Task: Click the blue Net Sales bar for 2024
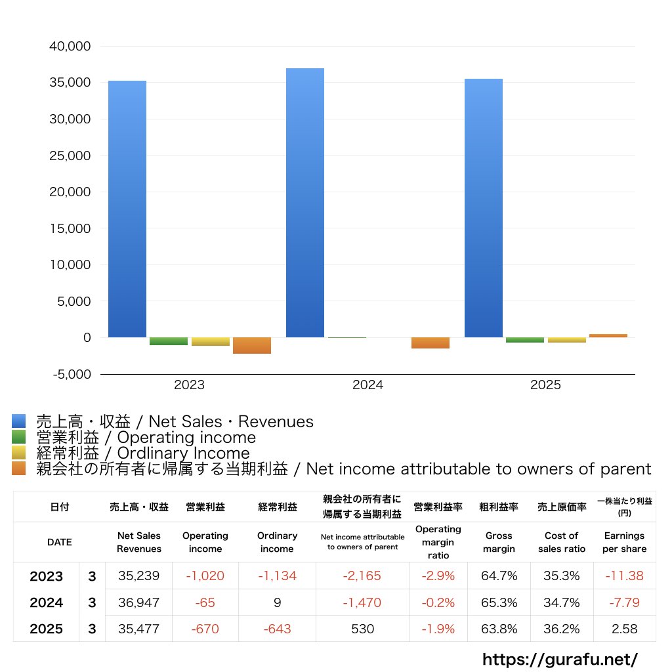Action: coord(304,203)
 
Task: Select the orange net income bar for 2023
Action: coord(251,345)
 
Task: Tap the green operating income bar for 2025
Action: coord(524,340)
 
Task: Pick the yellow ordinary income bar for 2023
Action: coord(211,341)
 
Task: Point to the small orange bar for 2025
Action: coord(608,335)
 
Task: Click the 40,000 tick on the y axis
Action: coord(70,46)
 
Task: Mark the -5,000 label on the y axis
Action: coord(72,374)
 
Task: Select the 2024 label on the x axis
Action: coord(367,385)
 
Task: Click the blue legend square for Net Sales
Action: coord(18,421)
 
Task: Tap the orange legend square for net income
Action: coord(18,469)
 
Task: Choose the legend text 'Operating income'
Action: coord(186,438)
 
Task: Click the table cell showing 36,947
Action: coord(138,602)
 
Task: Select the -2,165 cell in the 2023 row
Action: coord(362,576)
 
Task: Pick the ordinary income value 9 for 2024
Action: coord(278,602)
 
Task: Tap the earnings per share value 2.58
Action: coord(625,629)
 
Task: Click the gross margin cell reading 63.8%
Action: coord(499,629)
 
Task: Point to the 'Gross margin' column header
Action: coord(499,542)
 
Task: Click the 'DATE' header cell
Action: coord(60,542)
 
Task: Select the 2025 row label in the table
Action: coord(47,629)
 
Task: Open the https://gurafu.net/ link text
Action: coord(560,659)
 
